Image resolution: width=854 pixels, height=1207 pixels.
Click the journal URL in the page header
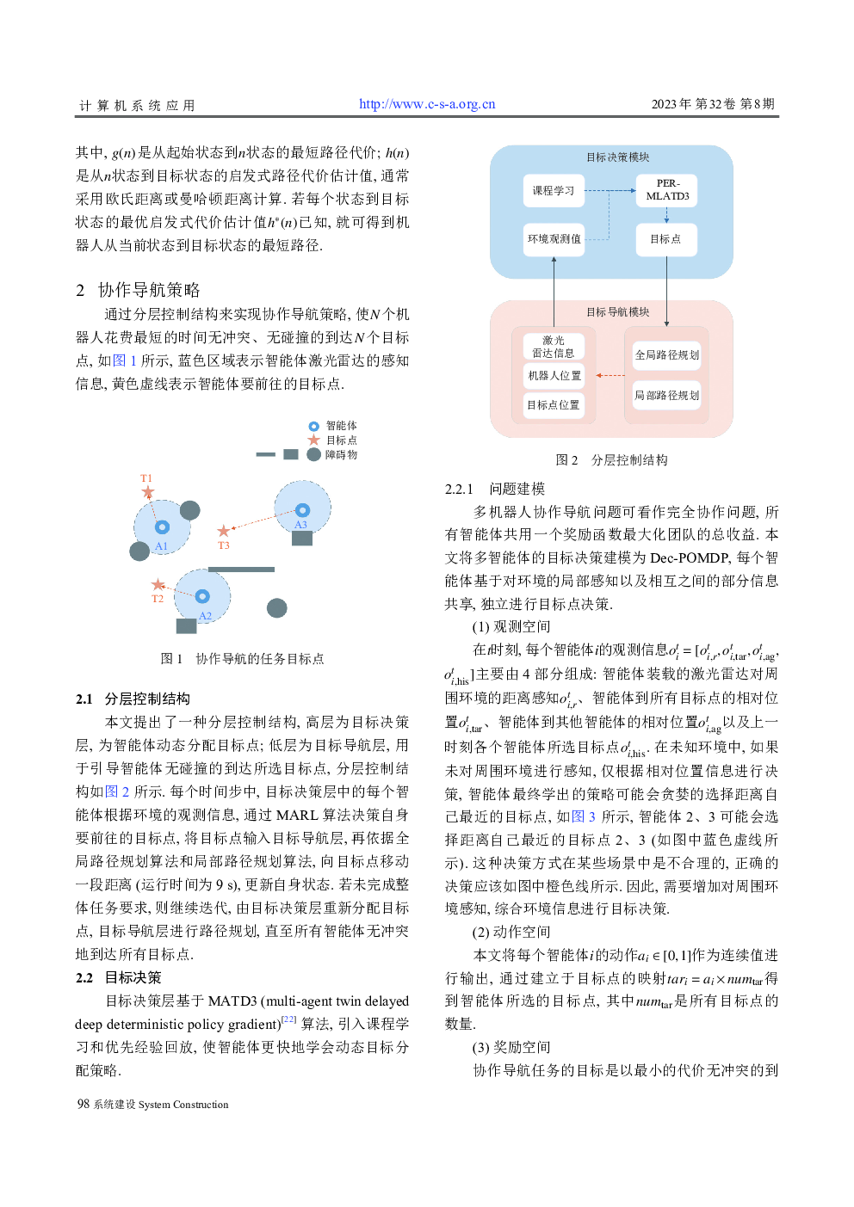[x=427, y=104]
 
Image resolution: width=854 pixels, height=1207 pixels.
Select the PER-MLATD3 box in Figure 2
[x=667, y=190]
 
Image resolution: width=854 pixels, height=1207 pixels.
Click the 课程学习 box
[x=553, y=190]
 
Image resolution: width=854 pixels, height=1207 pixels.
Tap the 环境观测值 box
[x=554, y=239]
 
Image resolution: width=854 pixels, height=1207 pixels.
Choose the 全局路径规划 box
[x=666, y=354]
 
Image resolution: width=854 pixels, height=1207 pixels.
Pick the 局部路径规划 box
[x=666, y=395]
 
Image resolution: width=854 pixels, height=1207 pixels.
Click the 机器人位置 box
[x=554, y=375]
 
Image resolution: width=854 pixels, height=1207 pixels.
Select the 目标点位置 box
[x=553, y=404]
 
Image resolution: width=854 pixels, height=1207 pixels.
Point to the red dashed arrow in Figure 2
[x=610, y=375]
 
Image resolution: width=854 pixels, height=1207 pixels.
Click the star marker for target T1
[x=148, y=492]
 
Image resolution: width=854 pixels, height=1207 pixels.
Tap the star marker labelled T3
[x=224, y=531]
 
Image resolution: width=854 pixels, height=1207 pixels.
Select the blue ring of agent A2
[x=202, y=596]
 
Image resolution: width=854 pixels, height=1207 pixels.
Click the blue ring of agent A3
[x=302, y=510]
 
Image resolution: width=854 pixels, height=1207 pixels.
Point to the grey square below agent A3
[x=302, y=539]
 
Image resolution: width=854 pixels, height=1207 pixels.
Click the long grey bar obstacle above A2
[x=241, y=569]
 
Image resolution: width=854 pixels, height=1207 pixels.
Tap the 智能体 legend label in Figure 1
[x=341, y=426]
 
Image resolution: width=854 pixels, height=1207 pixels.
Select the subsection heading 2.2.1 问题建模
[x=495, y=489]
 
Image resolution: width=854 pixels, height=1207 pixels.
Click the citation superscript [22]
[x=289, y=1019]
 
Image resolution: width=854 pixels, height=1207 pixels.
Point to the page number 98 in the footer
[x=84, y=1104]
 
